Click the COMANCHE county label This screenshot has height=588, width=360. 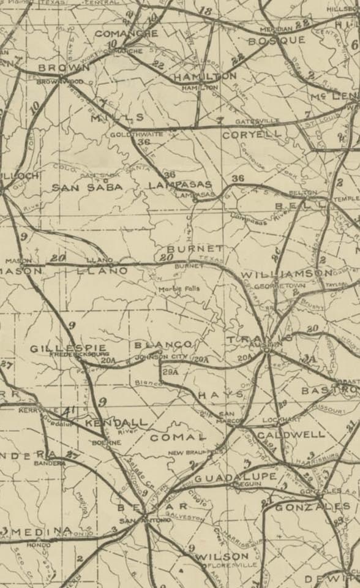point(126,33)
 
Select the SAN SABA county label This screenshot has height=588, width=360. point(87,187)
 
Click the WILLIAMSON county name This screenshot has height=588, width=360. point(287,274)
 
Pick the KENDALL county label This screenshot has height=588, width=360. point(116,423)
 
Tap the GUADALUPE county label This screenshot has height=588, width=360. point(235,477)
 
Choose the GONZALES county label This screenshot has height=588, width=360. point(312,507)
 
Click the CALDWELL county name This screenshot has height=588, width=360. point(290,434)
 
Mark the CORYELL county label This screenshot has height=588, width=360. point(252,133)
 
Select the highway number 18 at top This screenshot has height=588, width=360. point(205,11)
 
